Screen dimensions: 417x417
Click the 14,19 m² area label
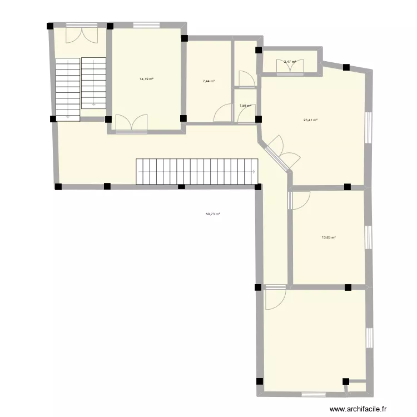click(146, 79)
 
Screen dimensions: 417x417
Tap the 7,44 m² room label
click(209, 81)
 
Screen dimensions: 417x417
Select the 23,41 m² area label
click(310, 120)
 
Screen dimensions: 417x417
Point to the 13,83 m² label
click(329, 237)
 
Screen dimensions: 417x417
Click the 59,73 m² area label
click(213, 214)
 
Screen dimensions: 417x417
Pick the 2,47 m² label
click(290, 62)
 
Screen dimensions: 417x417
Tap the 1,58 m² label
click(245, 106)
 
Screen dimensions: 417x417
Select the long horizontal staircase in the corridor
click(197, 172)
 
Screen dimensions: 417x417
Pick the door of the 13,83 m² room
click(299, 200)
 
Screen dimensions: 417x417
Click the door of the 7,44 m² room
click(222, 113)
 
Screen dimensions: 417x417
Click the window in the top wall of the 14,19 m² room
click(147, 24)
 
